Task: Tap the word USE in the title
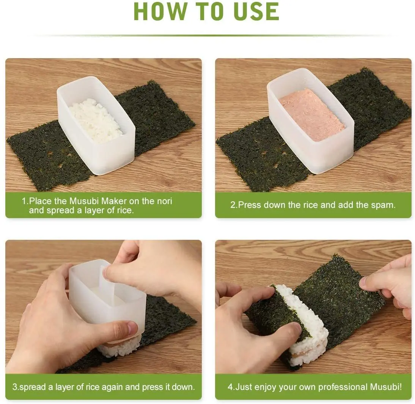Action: [256, 11]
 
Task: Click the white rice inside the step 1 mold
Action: [96, 120]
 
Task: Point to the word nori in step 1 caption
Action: [164, 201]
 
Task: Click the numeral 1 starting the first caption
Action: [24, 201]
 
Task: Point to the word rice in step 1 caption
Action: [124, 211]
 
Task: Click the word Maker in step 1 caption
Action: [114, 201]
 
